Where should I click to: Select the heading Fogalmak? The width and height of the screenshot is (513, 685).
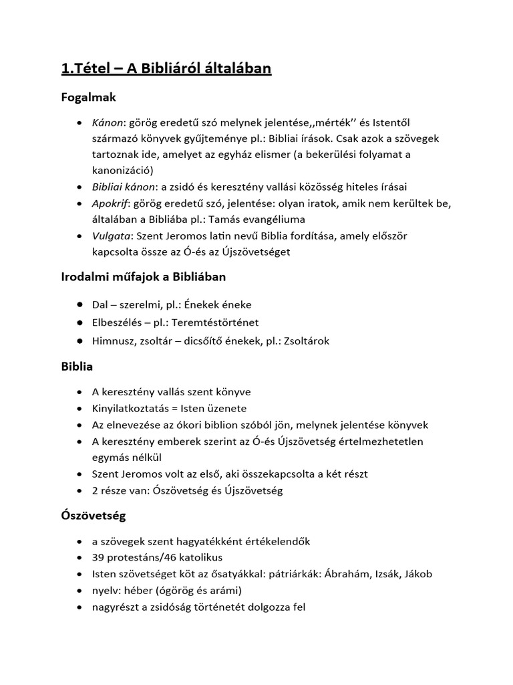click(x=89, y=98)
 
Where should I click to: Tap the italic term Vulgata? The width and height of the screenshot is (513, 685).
click(x=112, y=235)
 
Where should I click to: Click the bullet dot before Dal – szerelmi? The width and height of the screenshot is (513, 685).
click(x=79, y=305)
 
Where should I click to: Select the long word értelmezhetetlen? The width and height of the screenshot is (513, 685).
click(x=383, y=441)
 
